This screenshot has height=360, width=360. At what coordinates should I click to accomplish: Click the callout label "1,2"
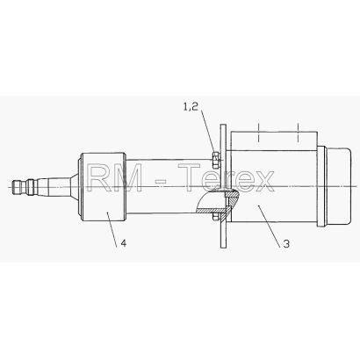191,107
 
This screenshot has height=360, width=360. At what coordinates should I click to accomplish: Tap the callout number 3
286,243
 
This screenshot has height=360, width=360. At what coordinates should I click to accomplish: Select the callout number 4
124,243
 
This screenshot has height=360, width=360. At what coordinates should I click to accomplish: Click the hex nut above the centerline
215,160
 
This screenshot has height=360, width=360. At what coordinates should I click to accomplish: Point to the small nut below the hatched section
216,217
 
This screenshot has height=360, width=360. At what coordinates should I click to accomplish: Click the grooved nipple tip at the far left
21,186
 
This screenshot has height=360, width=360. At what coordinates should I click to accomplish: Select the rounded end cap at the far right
338,186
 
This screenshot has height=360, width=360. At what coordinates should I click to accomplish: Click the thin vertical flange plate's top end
223,126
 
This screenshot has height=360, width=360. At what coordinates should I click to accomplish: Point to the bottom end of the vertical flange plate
223,247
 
